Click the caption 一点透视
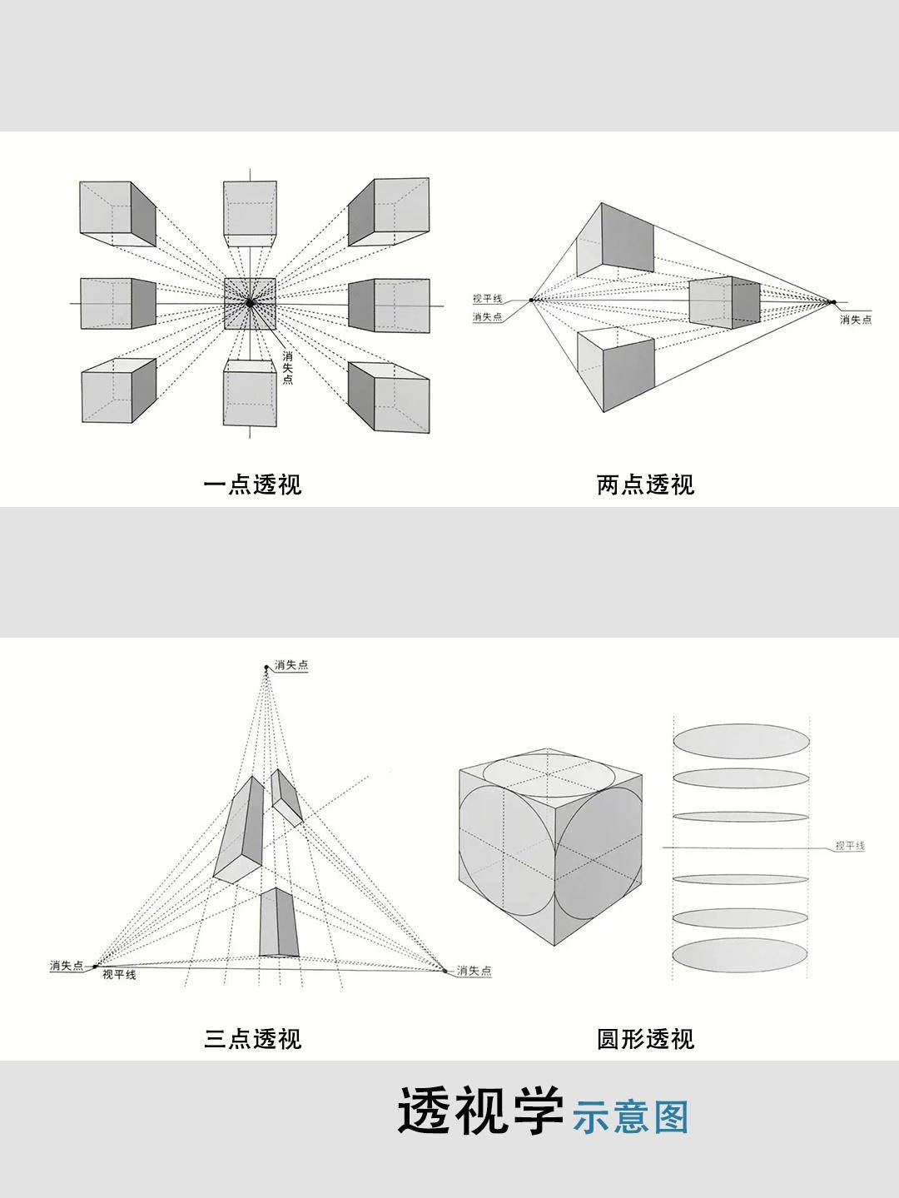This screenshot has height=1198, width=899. pyautogui.click(x=252, y=485)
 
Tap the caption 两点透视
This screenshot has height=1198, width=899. pyautogui.click(x=645, y=485)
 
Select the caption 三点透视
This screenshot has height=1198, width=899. pyautogui.click(x=252, y=1039)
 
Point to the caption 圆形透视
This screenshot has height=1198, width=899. pyautogui.click(x=645, y=1039)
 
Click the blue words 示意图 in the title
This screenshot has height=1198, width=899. pyautogui.click(x=631, y=1118)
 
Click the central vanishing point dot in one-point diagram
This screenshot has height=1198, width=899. pyautogui.click(x=250, y=304)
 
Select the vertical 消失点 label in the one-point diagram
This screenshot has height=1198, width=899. pyautogui.click(x=287, y=367)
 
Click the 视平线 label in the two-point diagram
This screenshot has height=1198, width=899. pyautogui.click(x=487, y=299)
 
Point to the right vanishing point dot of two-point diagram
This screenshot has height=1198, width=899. pyautogui.click(x=832, y=302)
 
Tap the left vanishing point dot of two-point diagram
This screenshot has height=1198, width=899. pyautogui.click(x=531, y=300)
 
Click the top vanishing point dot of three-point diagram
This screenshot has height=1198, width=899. pyautogui.click(x=266, y=667)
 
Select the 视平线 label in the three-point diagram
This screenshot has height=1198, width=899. pyautogui.click(x=119, y=975)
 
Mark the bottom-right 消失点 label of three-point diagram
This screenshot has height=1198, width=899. pyautogui.click(x=474, y=971)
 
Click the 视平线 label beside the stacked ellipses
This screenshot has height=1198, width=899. pyautogui.click(x=850, y=846)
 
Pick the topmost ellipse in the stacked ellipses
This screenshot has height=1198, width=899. pyautogui.click(x=741, y=741)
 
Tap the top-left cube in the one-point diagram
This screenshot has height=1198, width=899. pyautogui.click(x=117, y=213)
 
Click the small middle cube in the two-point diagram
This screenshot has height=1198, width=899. pyautogui.click(x=724, y=302)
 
